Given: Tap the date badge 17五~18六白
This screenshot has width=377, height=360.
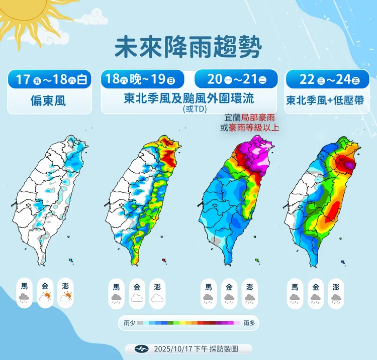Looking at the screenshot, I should pos(50,79).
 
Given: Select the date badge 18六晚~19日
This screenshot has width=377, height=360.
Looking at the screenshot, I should pos(138,79).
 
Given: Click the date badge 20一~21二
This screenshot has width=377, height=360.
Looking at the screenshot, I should pos(236,79).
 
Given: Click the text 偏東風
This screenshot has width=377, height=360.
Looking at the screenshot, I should pos(50,101).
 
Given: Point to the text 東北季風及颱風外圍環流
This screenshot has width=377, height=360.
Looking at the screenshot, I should pos(188,99).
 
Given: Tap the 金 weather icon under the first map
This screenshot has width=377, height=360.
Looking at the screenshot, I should pos(45,293).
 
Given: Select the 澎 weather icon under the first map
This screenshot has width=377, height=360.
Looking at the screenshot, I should pos(66,293).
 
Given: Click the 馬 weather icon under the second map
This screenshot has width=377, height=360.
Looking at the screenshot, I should pos(116,293).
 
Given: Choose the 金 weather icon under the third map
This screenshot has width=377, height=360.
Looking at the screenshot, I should pos(229,293).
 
